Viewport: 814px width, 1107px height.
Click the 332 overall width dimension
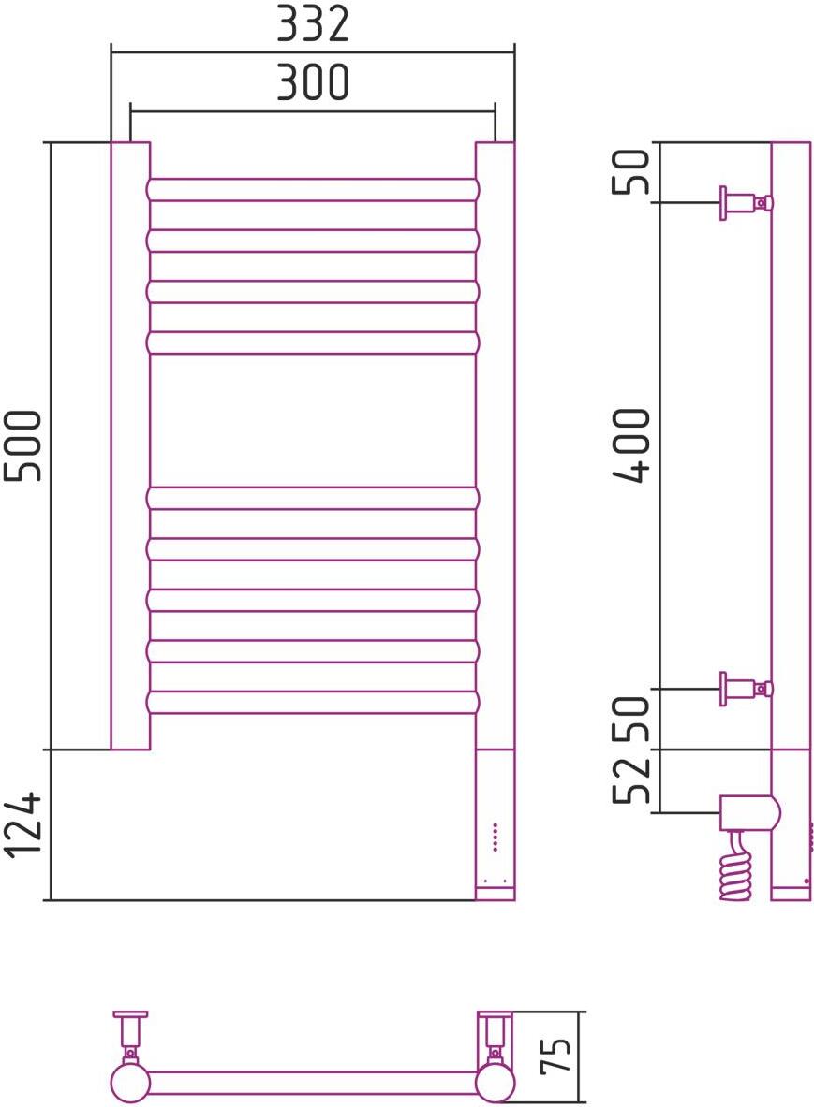click(313, 24)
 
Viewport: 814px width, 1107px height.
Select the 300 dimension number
click(313, 83)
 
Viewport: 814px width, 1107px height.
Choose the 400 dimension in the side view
click(632, 445)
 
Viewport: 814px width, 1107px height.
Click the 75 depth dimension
click(559, 1057)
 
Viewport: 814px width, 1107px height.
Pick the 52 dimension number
click(632, 782)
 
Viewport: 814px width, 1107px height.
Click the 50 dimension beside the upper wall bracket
click(632, 171)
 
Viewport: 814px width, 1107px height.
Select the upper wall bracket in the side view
click(746, 202)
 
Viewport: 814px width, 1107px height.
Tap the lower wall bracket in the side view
click(746, 689)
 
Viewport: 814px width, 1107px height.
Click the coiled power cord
click(736, 866)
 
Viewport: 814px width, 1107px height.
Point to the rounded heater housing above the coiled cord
click(747, 812)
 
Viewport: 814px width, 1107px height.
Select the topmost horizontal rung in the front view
click(313, 190)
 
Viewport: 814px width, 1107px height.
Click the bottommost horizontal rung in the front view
click(313, 702)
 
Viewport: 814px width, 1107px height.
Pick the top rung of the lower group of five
click(313, 498)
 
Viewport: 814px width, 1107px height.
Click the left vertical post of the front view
click(130, 445)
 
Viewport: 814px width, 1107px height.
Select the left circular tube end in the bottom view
click(130, 1084)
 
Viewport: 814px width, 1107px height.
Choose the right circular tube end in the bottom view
click(495, 1084)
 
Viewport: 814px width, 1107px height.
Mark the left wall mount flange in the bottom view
click(131, 1014)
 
